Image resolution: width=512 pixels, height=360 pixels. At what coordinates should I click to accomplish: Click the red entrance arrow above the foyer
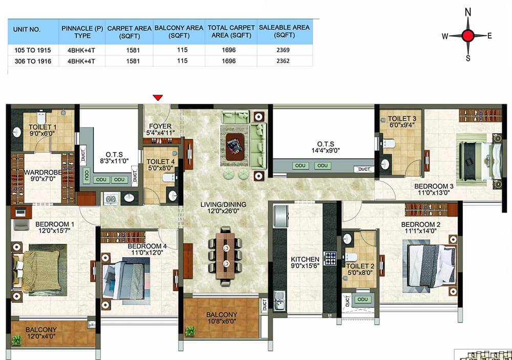point(158,97)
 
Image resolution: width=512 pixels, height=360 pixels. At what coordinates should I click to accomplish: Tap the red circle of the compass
point(468,36)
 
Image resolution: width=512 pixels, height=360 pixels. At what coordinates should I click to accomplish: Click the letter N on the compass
point(468,12)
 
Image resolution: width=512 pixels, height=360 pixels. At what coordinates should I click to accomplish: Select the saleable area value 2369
point(283,50)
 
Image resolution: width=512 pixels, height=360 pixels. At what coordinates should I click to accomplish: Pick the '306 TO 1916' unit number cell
point(33,61)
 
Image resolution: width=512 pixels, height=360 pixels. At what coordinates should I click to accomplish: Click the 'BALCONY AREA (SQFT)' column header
point(179,32)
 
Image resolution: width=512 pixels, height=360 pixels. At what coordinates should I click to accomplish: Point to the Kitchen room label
point(305,262)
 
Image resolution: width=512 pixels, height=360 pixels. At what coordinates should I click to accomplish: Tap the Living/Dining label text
point(223,208)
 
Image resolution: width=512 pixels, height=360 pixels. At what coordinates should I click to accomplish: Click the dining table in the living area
point(225,257)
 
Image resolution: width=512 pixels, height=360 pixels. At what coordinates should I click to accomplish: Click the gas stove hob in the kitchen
point(329,258)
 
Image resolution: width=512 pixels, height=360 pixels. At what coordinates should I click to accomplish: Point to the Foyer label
point(160,130)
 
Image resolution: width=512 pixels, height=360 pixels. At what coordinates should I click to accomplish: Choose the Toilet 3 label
point(402,121)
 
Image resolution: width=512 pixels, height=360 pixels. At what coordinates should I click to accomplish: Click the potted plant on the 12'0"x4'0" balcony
point(16,341)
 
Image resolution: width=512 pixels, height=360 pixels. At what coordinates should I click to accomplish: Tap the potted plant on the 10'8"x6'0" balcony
point(190,331)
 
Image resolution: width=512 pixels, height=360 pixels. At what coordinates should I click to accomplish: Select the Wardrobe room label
point(43,176)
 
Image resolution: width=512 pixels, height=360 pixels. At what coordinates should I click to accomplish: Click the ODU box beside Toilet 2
point(362,299)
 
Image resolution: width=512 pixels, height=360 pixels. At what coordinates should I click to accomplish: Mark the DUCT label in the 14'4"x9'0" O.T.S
point(364,169)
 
